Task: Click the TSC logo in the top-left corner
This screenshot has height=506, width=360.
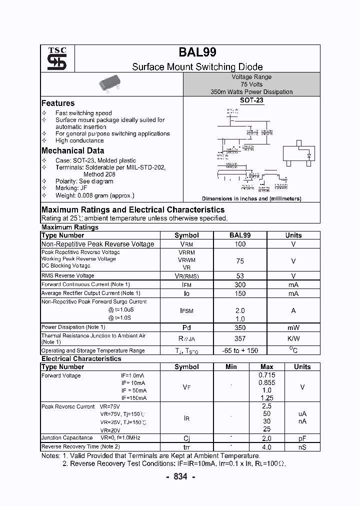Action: tap(53, 59)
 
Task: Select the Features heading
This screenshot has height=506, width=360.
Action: tap(58, 103)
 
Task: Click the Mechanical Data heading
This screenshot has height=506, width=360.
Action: tap(73, 150)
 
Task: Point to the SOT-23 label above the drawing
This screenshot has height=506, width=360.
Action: tap(251, 100)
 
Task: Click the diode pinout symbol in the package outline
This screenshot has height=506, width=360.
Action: tap(309, 155)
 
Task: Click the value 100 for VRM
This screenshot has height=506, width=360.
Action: tap(240, 244)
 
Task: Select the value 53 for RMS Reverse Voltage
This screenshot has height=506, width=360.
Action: tap(240, 276)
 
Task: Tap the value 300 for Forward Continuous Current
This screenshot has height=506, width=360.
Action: tap(240, 284)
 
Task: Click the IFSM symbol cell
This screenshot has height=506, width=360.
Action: tap(186, 310)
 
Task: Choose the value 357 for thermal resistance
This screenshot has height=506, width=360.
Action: tap(240, 338)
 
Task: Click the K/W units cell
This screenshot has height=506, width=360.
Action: tap(293, 338)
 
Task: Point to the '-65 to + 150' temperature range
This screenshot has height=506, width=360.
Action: tap(240, 351)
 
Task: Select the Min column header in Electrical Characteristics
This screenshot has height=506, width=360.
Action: tap(231, 366)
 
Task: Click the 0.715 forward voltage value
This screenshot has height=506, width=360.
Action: tap(266, 375)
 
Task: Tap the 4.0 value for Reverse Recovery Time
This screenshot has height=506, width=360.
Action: tap(266, 447)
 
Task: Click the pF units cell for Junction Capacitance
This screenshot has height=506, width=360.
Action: tap(302, 438)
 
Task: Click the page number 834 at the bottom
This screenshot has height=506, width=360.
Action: tap(180, 476)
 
